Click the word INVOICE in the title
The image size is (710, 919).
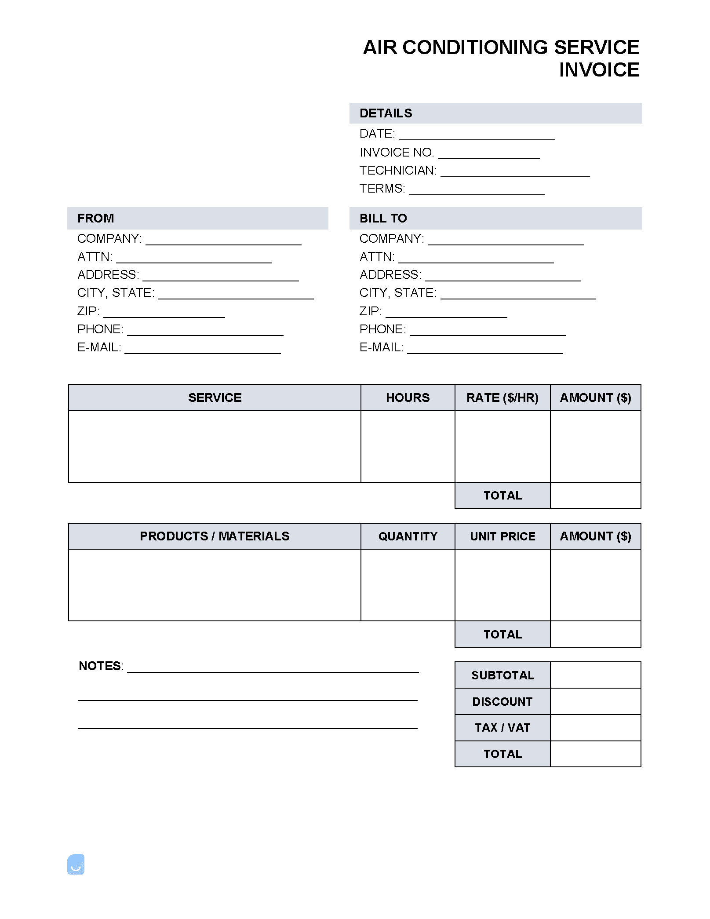(x=599, y=70)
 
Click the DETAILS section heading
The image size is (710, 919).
(x=386, y=113)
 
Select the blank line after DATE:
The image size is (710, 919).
(x=477, y=135)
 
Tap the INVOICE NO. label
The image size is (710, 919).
(x=397, y=153)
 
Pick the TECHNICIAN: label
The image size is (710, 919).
(x=398, y=171)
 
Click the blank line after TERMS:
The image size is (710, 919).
(x=477, y=190)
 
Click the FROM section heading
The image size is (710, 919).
(x=96, y=219)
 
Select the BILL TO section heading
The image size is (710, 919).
(x=383, y=219)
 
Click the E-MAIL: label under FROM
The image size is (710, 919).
(x=99, y=347)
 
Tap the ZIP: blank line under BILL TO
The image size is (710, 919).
(x=446, y=313)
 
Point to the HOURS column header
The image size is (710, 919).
(x=408, y=398)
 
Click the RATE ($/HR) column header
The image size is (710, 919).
(x=502, y=398)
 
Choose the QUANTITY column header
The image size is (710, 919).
(x=408, y=536)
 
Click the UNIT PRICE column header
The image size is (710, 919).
(x=502, y=536)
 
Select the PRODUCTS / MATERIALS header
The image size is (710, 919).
(x=215, y=536)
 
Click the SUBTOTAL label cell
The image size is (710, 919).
(x=502, y=675)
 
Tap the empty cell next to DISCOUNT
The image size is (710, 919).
(x=595, y=702)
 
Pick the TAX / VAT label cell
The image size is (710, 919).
(x=502, y=728)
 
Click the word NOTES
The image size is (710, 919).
(x=100, y=666)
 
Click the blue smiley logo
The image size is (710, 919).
(x=76, y=864)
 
